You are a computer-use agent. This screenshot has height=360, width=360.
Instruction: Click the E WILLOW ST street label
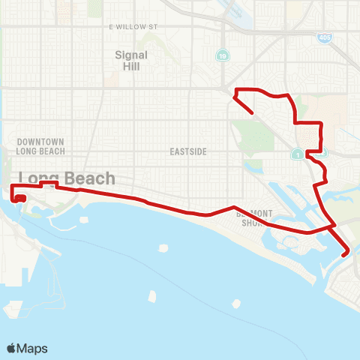[x=134, y=26]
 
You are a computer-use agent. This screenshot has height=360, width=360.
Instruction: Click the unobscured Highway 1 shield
[x=298, y=154]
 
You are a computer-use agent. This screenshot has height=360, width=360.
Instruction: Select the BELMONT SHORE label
[x=253, y=217]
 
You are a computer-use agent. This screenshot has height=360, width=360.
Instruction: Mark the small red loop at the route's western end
[x=19, y=199]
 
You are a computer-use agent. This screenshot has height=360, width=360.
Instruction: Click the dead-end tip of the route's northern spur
[x=251, y=113]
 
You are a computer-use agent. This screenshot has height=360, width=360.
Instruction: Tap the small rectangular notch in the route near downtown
[x=49, y=184]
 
